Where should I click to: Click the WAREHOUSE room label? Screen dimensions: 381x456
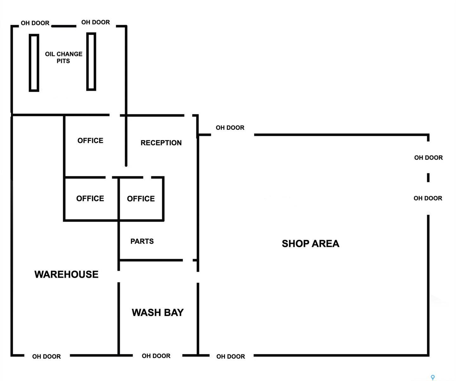66,274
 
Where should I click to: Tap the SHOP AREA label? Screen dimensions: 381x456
310,244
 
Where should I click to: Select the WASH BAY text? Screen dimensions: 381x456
158,312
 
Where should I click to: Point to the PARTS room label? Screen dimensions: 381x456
142,241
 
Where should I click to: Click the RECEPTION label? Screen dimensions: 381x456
161,143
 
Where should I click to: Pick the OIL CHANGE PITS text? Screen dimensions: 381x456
63,57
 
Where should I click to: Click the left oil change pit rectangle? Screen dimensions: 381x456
34,63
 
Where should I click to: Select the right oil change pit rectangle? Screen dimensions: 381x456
91,62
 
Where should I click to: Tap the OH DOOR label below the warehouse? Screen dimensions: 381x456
47,357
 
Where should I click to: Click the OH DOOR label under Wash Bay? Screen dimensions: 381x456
156,356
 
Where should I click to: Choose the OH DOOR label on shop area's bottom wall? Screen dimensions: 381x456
231,357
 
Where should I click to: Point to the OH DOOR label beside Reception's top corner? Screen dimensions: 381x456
230,128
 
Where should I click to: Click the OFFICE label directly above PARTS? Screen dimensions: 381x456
141,199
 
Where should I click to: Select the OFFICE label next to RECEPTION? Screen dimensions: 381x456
90,141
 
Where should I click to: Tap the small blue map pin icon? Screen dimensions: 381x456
433,377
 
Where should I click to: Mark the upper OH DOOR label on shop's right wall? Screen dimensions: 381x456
428,157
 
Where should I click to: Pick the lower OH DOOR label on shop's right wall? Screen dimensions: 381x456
428,198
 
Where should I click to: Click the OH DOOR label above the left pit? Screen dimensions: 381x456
35,23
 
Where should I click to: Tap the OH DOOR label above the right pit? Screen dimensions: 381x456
95,22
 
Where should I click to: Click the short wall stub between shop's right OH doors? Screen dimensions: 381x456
428,177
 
